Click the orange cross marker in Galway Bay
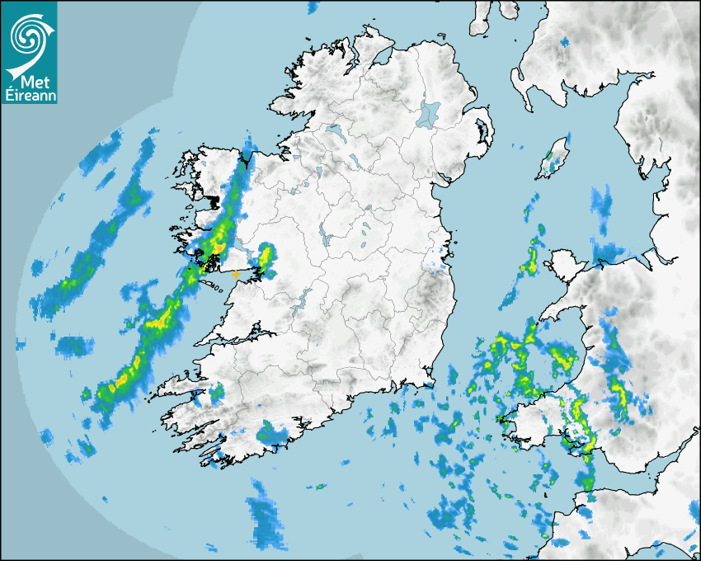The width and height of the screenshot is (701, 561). pyautogui.click(x=236, y=273)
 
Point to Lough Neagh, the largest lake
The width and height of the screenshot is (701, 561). pyautogui.click(x=429, y=113)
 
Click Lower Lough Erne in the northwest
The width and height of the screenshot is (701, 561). pyautogui.click(x=334, y=130)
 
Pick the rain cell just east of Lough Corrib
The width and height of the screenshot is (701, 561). pyautogui.click(x=265, y=258)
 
